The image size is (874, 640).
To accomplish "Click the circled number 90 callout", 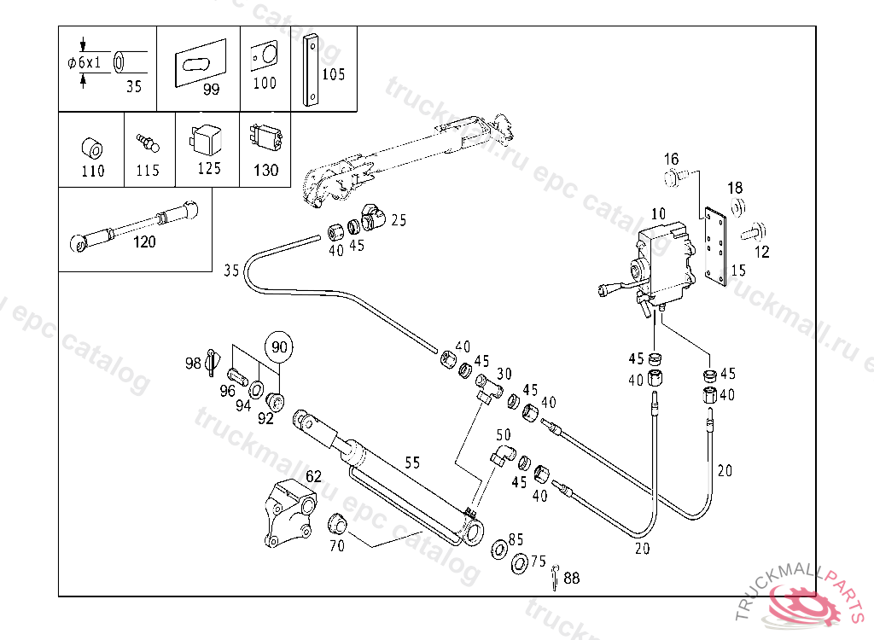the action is coord(279,346).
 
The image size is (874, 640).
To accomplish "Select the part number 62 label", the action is coord(314,475).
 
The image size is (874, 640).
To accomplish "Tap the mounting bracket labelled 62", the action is coord(290,513).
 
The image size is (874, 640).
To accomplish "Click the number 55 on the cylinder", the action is coord(412,463).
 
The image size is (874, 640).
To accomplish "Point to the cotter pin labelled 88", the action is coord(555,577).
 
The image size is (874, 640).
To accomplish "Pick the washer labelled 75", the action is coord(520,563).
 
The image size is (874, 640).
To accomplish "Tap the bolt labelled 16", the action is coord(675,177).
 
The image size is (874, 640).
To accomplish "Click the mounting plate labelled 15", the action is coord(716,247).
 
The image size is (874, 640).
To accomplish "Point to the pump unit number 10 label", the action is coord(658,214).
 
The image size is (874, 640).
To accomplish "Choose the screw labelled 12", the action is coord(755,231).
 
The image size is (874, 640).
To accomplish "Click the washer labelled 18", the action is coord(738,207).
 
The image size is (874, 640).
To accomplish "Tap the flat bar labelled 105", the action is coord(311,70).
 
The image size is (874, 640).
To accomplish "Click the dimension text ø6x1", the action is coord(84,62).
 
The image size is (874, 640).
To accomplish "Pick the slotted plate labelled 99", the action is coord(201,62).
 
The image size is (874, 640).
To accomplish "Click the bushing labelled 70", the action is coord(336,524).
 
